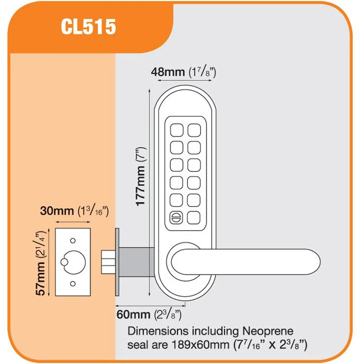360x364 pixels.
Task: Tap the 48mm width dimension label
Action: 168,72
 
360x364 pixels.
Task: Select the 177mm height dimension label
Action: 141,176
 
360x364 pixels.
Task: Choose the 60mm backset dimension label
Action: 133,314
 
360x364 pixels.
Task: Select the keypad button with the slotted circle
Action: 176,217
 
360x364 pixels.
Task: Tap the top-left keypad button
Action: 176,130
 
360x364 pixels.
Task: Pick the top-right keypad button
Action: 194,130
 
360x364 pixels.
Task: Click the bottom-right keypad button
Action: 194,217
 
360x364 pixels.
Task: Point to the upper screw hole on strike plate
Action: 73,240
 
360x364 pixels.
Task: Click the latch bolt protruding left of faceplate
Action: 108,261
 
